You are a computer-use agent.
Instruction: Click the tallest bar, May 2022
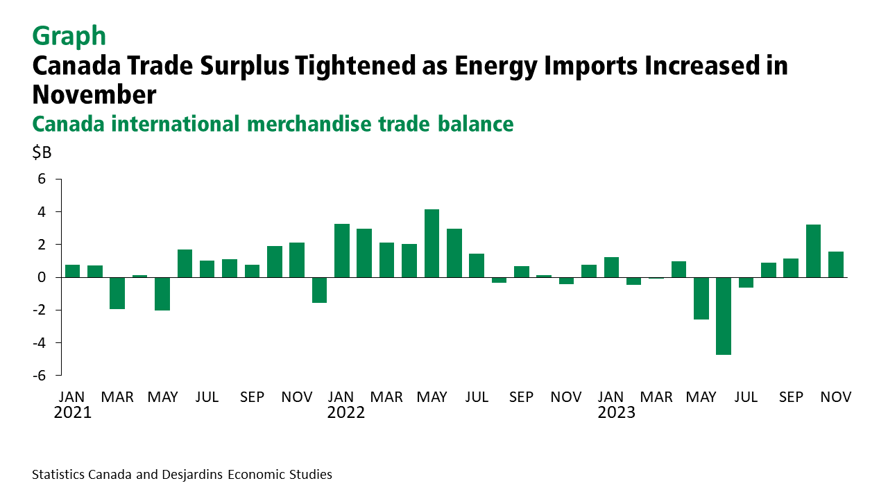432,243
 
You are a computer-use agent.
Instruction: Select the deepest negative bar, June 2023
724,315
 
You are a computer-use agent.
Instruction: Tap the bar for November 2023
836,264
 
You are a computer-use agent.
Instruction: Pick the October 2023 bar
813,251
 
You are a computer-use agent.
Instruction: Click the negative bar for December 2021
319,290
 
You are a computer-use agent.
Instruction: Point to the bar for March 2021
117,292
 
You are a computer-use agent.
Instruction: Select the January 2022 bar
341,250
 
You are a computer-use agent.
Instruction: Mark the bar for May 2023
701,298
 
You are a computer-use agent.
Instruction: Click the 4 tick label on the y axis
41,212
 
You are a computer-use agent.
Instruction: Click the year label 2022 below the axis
345,413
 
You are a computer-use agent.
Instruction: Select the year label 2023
616,413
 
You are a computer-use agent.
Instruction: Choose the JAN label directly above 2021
72,397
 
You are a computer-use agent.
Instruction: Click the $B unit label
42,153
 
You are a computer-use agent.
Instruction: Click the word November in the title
94,94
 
